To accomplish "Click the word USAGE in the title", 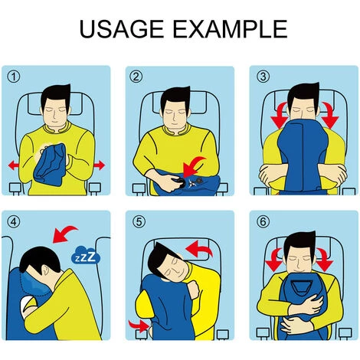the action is point(121,29).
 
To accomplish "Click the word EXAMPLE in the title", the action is point(231,29).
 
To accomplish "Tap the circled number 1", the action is point(13,77).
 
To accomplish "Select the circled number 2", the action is point(136,77).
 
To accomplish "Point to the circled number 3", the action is point(263,77).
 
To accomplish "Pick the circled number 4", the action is point(13,221).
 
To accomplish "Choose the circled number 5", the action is point(139,221).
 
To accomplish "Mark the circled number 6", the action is point(263,221).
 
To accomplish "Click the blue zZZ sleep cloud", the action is point(85,255).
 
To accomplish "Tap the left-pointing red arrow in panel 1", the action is point(14,165).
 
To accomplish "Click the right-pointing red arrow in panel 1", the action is point(100,165).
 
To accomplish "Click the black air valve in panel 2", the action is point(181,182).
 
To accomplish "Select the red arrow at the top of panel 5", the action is point(200,248).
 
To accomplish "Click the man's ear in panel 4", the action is point(46,270).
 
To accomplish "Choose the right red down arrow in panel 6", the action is point(324,260).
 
